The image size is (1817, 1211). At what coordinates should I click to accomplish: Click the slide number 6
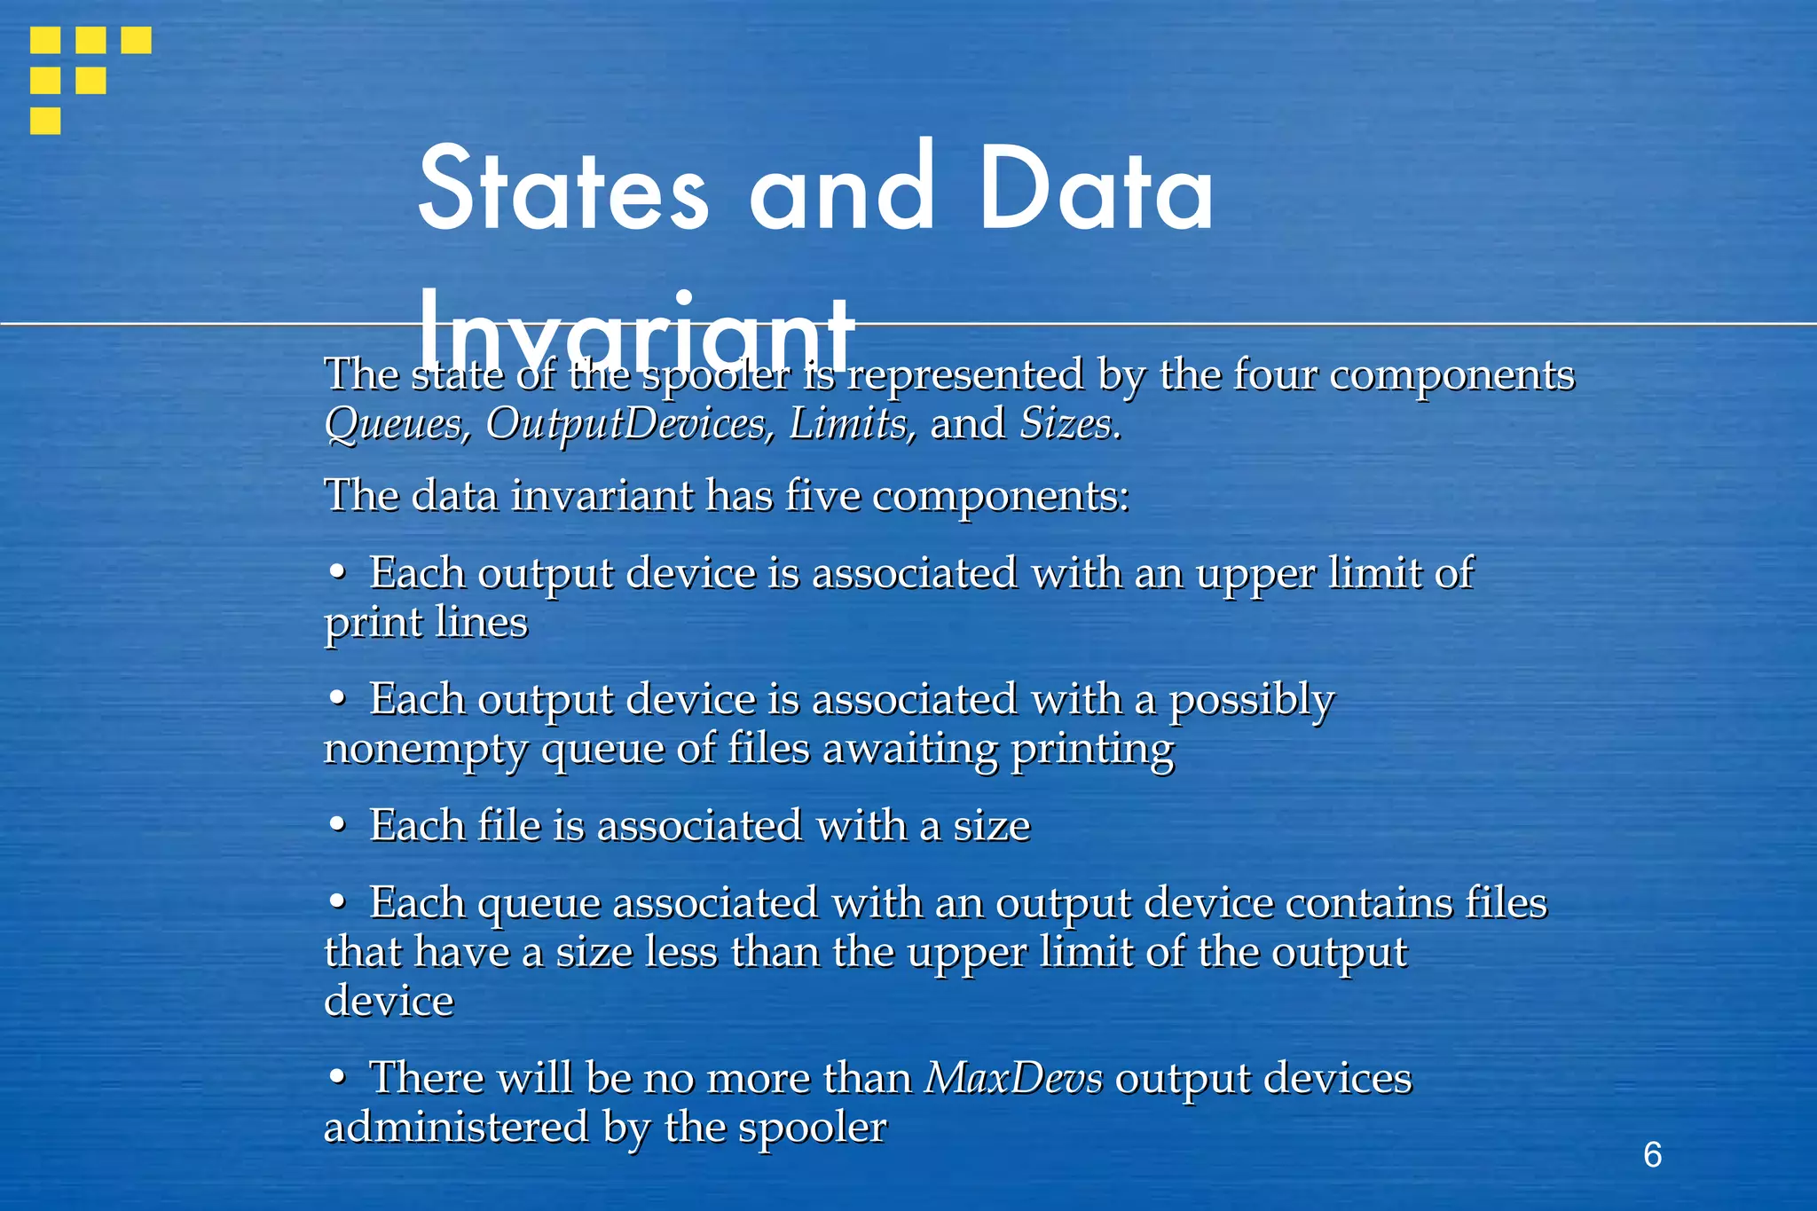1652,1154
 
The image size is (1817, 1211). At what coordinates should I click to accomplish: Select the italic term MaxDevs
1014,1079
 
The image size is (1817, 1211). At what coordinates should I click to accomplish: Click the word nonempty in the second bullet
425,750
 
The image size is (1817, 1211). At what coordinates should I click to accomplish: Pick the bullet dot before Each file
336,825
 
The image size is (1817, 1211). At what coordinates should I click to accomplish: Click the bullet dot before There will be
336,1077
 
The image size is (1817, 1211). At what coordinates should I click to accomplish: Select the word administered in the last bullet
456,1128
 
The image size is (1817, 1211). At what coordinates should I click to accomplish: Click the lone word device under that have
389,1001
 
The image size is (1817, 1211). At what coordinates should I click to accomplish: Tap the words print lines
426,622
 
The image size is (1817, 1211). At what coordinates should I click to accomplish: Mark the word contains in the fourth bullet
1369,903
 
